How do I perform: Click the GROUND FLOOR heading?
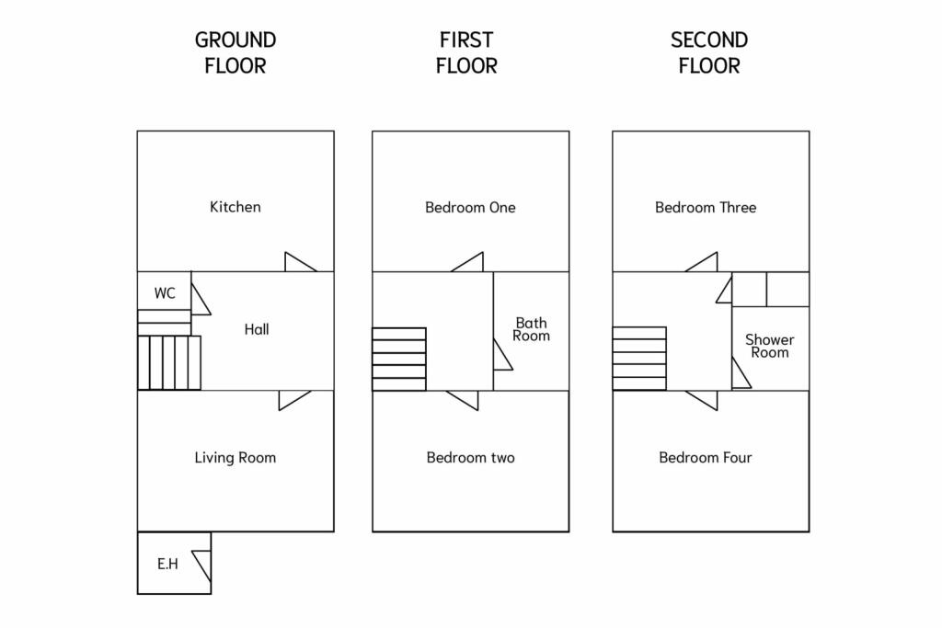pyautogui.click(x=235, y=52)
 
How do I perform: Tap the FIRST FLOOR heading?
pyautogui.click(x=466, y=52)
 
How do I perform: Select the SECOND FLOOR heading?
pyautogui.click(x=709, y=52)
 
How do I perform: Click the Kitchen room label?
pyautogui.click(x=235, y=207)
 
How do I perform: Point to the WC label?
pyautogui.click(x=165, y=293)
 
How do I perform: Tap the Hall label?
pyautogui.click(x=257, y=329)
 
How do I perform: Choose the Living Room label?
pyautogui.click(x=235, y=457)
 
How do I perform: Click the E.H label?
pyautogui.click(x=167, y=564)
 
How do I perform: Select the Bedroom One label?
pyautogui.click(x=470, y=207)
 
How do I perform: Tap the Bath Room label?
pyautogui.click(x=531, y=329)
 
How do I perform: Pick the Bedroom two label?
pyautogui.click(x=470, y=457)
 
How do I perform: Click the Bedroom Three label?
pyautogui.click(x=706, y=207)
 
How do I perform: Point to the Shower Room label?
pyautogui.click(x=770, y=346)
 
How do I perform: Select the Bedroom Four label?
pyautogui.click(x=706, y=457)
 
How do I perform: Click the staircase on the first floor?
pyautogui.click(x=399, y=360)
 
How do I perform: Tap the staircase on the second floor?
pyautogui.click(x=639, y=359)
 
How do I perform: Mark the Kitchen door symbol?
pyautogui.click(x=299, y=263)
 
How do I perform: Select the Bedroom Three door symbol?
pyautogui.click(x=703, y=263)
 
